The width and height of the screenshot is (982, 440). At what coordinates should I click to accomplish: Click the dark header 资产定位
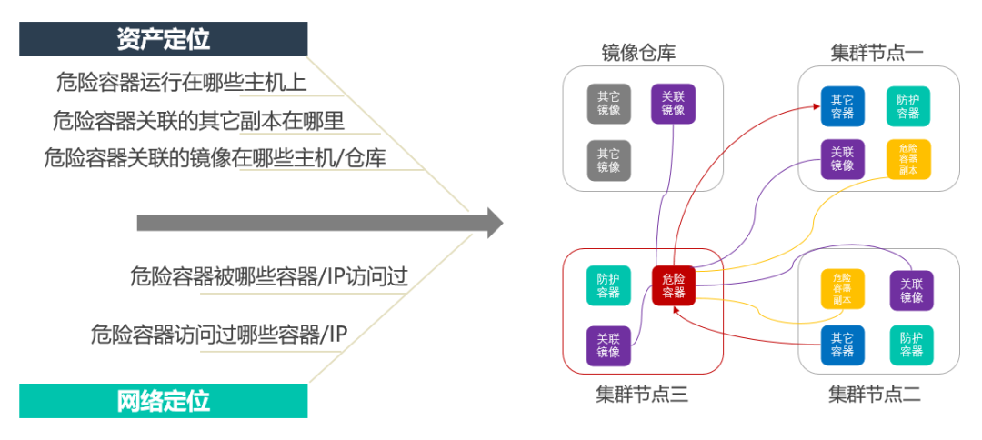pyautogui.click(x=164, y=39)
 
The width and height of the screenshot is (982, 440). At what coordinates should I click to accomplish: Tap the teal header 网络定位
pyautogui.click(x=164, y=401)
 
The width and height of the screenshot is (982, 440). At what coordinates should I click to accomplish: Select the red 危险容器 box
pyautogui.click(x=674, y=285)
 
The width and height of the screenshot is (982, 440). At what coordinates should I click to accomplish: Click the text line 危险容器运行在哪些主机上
pyautogui.click(x=181, y=83)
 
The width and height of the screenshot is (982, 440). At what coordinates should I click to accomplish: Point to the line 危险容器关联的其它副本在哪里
pyautogui.click(x=198, y=120)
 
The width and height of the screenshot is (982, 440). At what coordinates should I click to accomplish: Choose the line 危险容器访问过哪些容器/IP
pyautogui.click(x=218, y=335)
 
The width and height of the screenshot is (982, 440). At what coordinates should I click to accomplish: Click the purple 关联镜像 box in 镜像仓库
pyautogui.click(x=674, y=104)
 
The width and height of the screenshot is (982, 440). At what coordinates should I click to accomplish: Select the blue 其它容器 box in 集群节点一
pyautogui.click(x=843, y=107)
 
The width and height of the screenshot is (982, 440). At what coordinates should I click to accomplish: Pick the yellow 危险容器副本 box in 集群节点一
pyautogui.click(x=907, y=158)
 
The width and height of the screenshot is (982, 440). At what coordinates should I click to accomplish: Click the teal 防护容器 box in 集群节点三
pyautogui.click(x=608, y=285)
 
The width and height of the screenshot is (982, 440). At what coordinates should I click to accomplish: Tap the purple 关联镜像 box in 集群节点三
pyautogui.click(x=608, y=345)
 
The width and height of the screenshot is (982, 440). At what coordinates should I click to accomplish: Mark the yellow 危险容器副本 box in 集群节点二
pyautogui.click(x=843, y=289)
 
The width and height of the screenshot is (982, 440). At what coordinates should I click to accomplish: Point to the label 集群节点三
pyautogui.click(x=642, y=394)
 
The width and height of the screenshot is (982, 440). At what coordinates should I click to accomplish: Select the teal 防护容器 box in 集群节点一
pyautogui.click(x=907, y=107)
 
